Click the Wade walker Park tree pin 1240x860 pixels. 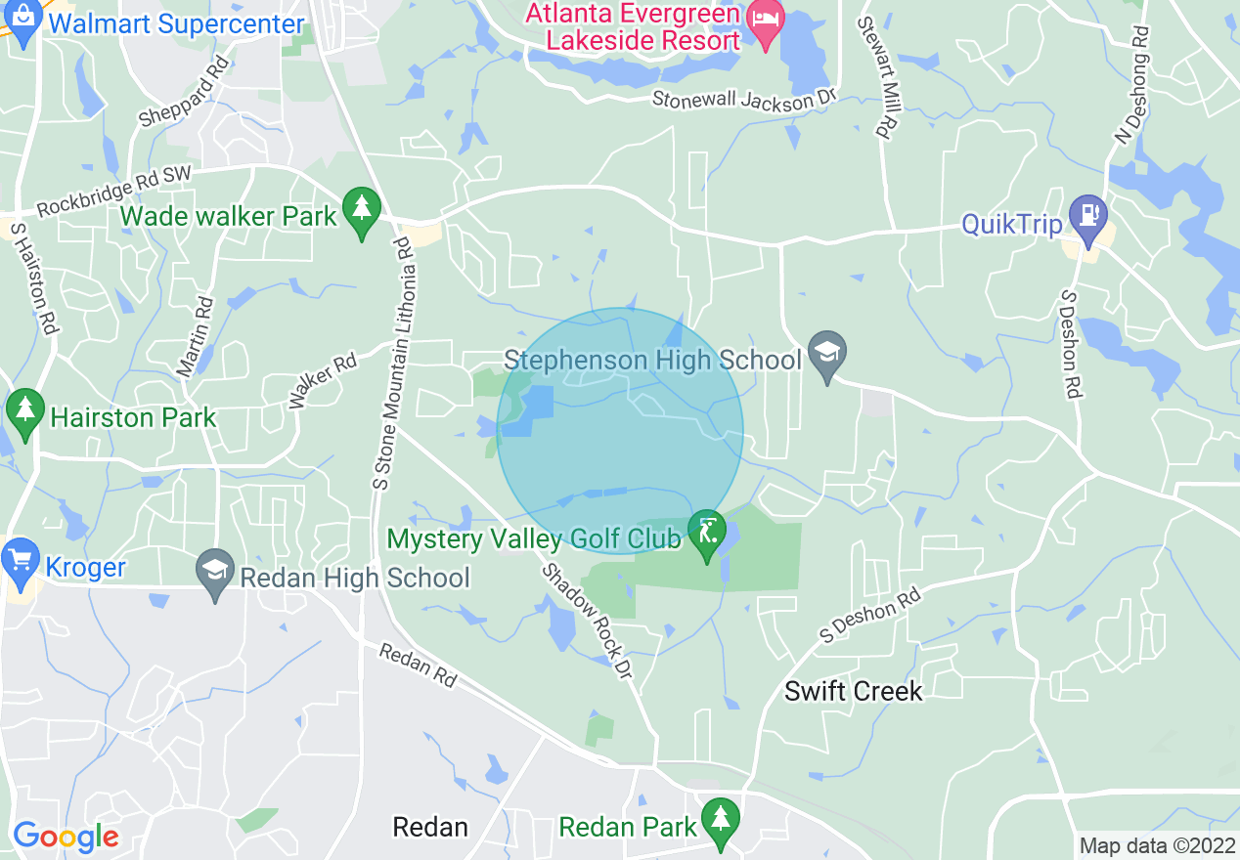tap(362, 210)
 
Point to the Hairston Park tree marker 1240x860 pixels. tap(24, 413)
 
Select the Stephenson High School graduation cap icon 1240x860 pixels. tap(827, 354)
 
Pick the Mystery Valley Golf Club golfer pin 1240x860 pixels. tap(706, 533)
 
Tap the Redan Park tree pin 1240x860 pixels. tap(721, 820)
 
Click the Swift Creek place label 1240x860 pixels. tap(854, 691)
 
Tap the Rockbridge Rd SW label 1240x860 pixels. tap(115, 192)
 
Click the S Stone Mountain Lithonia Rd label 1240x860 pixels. tap(394, 363)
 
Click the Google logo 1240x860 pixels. tap(66, 837)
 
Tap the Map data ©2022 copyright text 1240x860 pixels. tap(1155, 845)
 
